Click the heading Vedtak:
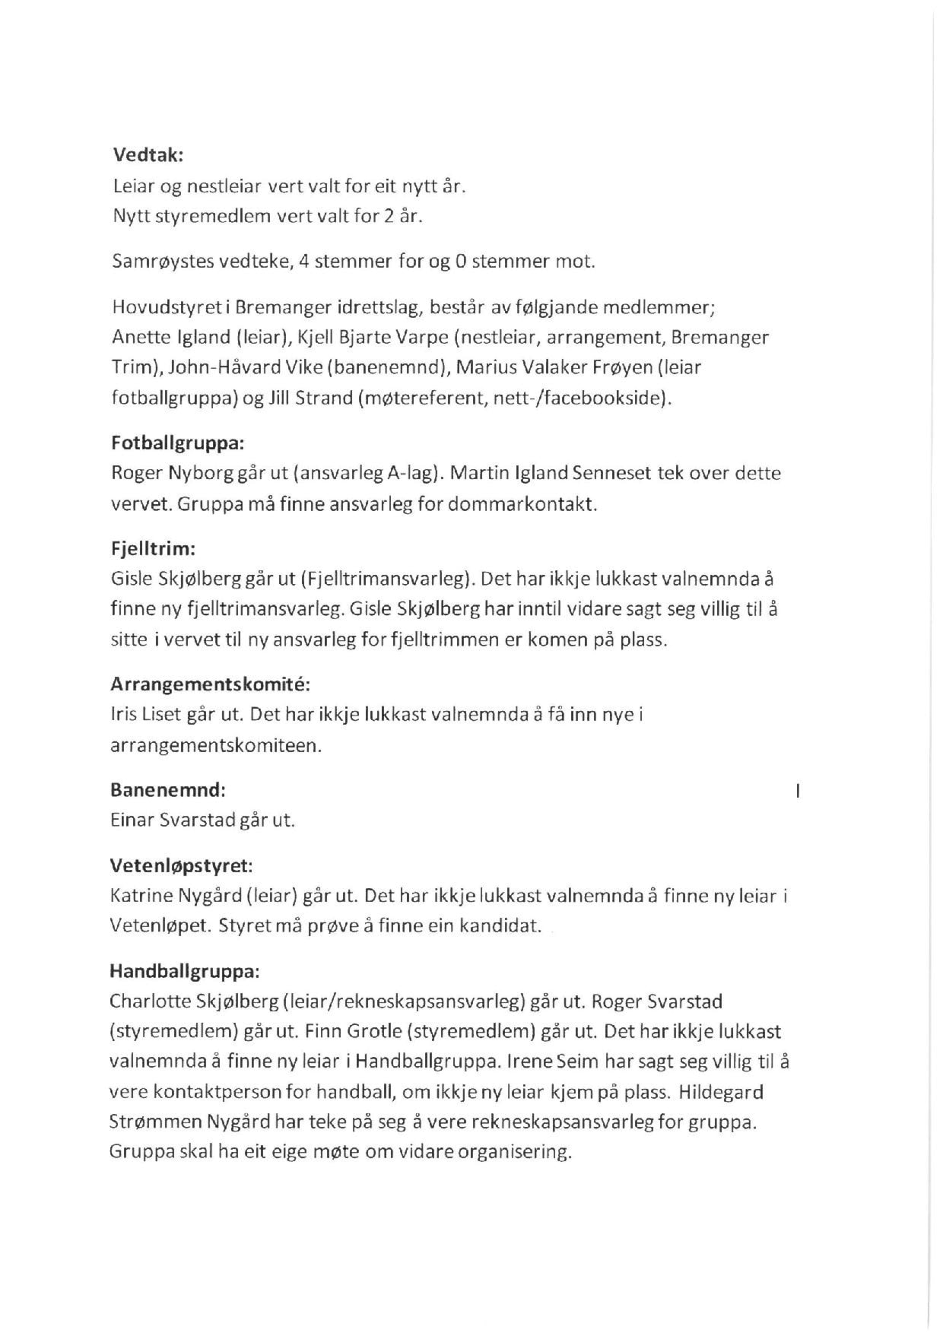tap(148, 155)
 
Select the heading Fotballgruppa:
tap(178, 443)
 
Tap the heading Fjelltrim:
tap(153, 548)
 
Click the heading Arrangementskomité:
tap(210, 684)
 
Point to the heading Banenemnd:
tap(168, 790)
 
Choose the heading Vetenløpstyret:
tap(181, 865)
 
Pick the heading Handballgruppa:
tap(185, 971)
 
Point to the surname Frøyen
tap(624, 367)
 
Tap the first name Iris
tap(122, 715)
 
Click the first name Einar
tap(132, 820)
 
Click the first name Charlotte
tap(150, 1001)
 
